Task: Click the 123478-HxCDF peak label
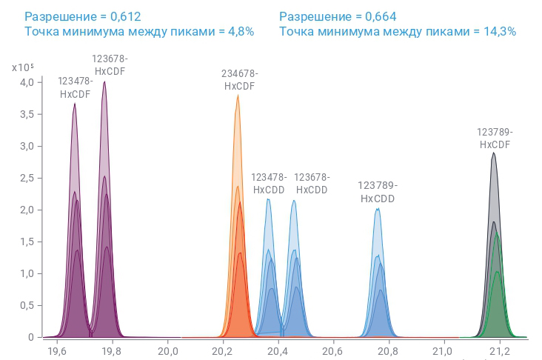point(75,87)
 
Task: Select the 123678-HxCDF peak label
point(110,65)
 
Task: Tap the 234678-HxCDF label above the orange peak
point(239,80)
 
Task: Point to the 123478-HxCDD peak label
point(269,183)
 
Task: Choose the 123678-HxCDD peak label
point(312,183)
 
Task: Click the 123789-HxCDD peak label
point(378,192)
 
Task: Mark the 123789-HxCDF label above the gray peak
point(495,139)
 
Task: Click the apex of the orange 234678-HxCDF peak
point(238,96)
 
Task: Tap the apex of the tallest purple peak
point(104,82)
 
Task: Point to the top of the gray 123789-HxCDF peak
point(493,153)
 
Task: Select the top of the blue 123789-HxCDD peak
point(378,209)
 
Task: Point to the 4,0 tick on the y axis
point(27,82)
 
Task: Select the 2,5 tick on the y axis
point(27,178)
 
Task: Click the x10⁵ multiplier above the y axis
point(23,67)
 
